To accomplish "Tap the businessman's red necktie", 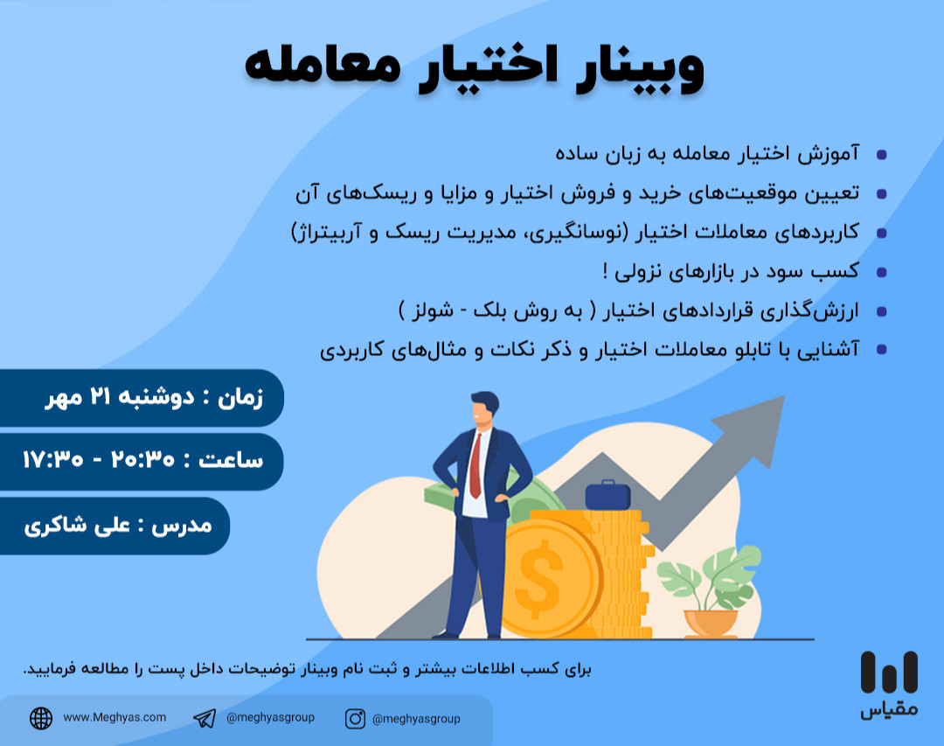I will coord(475,464).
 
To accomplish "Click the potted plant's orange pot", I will coord(711,623).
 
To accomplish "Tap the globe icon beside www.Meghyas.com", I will coord(41,718).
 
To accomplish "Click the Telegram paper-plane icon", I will coord(205,718).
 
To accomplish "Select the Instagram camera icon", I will coord(355,718).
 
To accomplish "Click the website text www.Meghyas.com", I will coord(115,717).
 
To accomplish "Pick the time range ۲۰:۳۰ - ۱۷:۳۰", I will coord(110,460).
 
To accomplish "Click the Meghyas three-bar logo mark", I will coord(888,673).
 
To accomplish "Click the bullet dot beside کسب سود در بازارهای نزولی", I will coord(881,272).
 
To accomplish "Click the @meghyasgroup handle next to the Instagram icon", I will coord(416,719).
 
